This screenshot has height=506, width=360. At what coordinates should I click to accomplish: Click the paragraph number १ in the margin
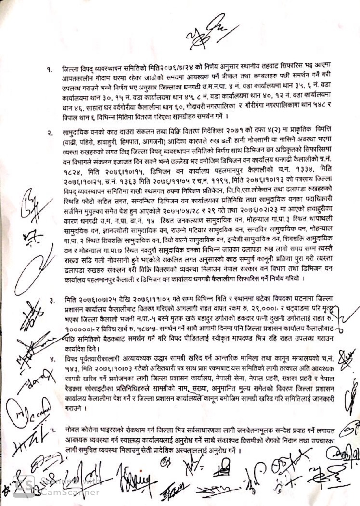(50, 70)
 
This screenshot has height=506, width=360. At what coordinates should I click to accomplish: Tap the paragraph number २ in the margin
(50, 132)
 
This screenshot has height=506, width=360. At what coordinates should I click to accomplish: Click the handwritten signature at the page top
(206, 30)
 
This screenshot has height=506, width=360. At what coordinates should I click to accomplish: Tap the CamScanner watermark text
(70, 488)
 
